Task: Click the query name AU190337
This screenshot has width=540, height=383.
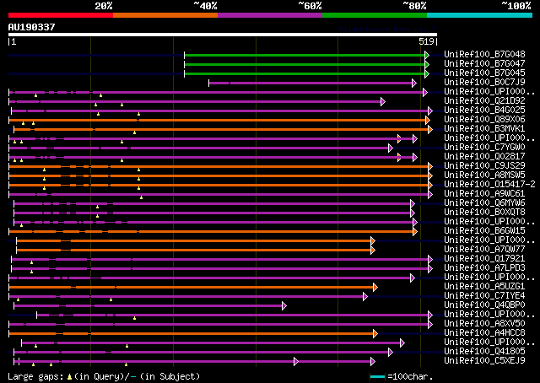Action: pyautogui.click(x=32, y=27)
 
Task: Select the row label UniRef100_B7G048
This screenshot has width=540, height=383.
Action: pyautogui.click(x=484, y=54)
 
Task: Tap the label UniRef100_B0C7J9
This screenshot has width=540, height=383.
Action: pyautogui.click(x=484, y=82)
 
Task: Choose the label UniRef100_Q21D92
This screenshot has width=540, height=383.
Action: pyautogui.click(x=484, y=100)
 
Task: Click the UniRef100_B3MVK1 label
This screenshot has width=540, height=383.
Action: pyautogui.click(x=484, y=128)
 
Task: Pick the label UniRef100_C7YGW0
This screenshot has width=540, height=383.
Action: pyautogui.click(x=484, y=147)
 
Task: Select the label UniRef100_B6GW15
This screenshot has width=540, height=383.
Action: pyautogui.click(x=484, y=230)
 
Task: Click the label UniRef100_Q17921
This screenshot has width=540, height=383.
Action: pyautogui.click(x=484, y=258)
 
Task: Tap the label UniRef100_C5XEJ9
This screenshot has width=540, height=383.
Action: pyautogui.click(x=484, y=360)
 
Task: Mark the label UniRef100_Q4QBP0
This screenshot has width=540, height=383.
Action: pyautogui.click(x=484, y=305)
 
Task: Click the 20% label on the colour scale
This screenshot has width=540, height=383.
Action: pyautogui.click(x=103, y=6)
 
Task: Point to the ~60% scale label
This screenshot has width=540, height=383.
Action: pyautogui.click(x=310, y=6)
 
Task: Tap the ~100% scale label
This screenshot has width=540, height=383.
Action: pyautogui.click(x=516, y=6)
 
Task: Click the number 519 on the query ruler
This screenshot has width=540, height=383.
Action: pyautogui.click(x=426, y=40)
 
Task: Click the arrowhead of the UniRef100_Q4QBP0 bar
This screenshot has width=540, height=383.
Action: pyautogui.click(x=284, y=305)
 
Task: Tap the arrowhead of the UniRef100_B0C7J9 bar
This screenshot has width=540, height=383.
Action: pyautogui.click(x=413, y=83)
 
